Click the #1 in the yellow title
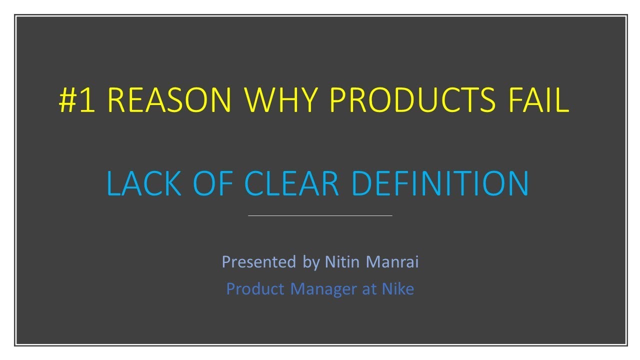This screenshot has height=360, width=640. tap(77, 100)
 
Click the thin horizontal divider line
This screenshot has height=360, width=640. tap(320, 215)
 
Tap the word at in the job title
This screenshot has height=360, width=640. tap(369, 289)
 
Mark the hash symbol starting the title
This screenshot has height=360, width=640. tap(67, 100)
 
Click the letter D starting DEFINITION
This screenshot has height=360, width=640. tap(361, 183)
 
